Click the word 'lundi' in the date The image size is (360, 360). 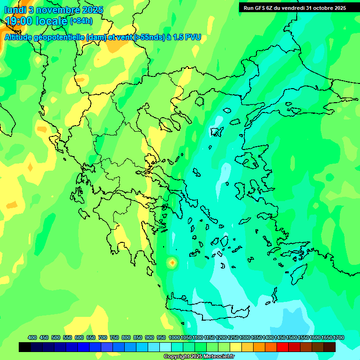click(x=15, y=10)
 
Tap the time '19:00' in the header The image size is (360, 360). click(x=19, y=21)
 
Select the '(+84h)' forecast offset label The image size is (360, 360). click(x=81, y=21)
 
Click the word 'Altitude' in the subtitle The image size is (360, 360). click(x=22, y=37)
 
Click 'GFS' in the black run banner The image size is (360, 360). click(x=265, y=7)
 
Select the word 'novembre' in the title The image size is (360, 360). click(x=56, y=10)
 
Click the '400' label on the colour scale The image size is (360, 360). click(x=32, y=337)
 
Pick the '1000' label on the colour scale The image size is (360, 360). click(x=174, y=337)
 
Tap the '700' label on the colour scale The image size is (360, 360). click(x=103, y=337)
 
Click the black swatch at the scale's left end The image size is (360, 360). click(x=25, y=347)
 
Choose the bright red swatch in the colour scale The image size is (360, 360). click(x=283, y=347)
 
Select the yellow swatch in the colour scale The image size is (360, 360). click(x=236, y=347)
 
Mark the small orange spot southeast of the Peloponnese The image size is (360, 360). click(x=172, y=263)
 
